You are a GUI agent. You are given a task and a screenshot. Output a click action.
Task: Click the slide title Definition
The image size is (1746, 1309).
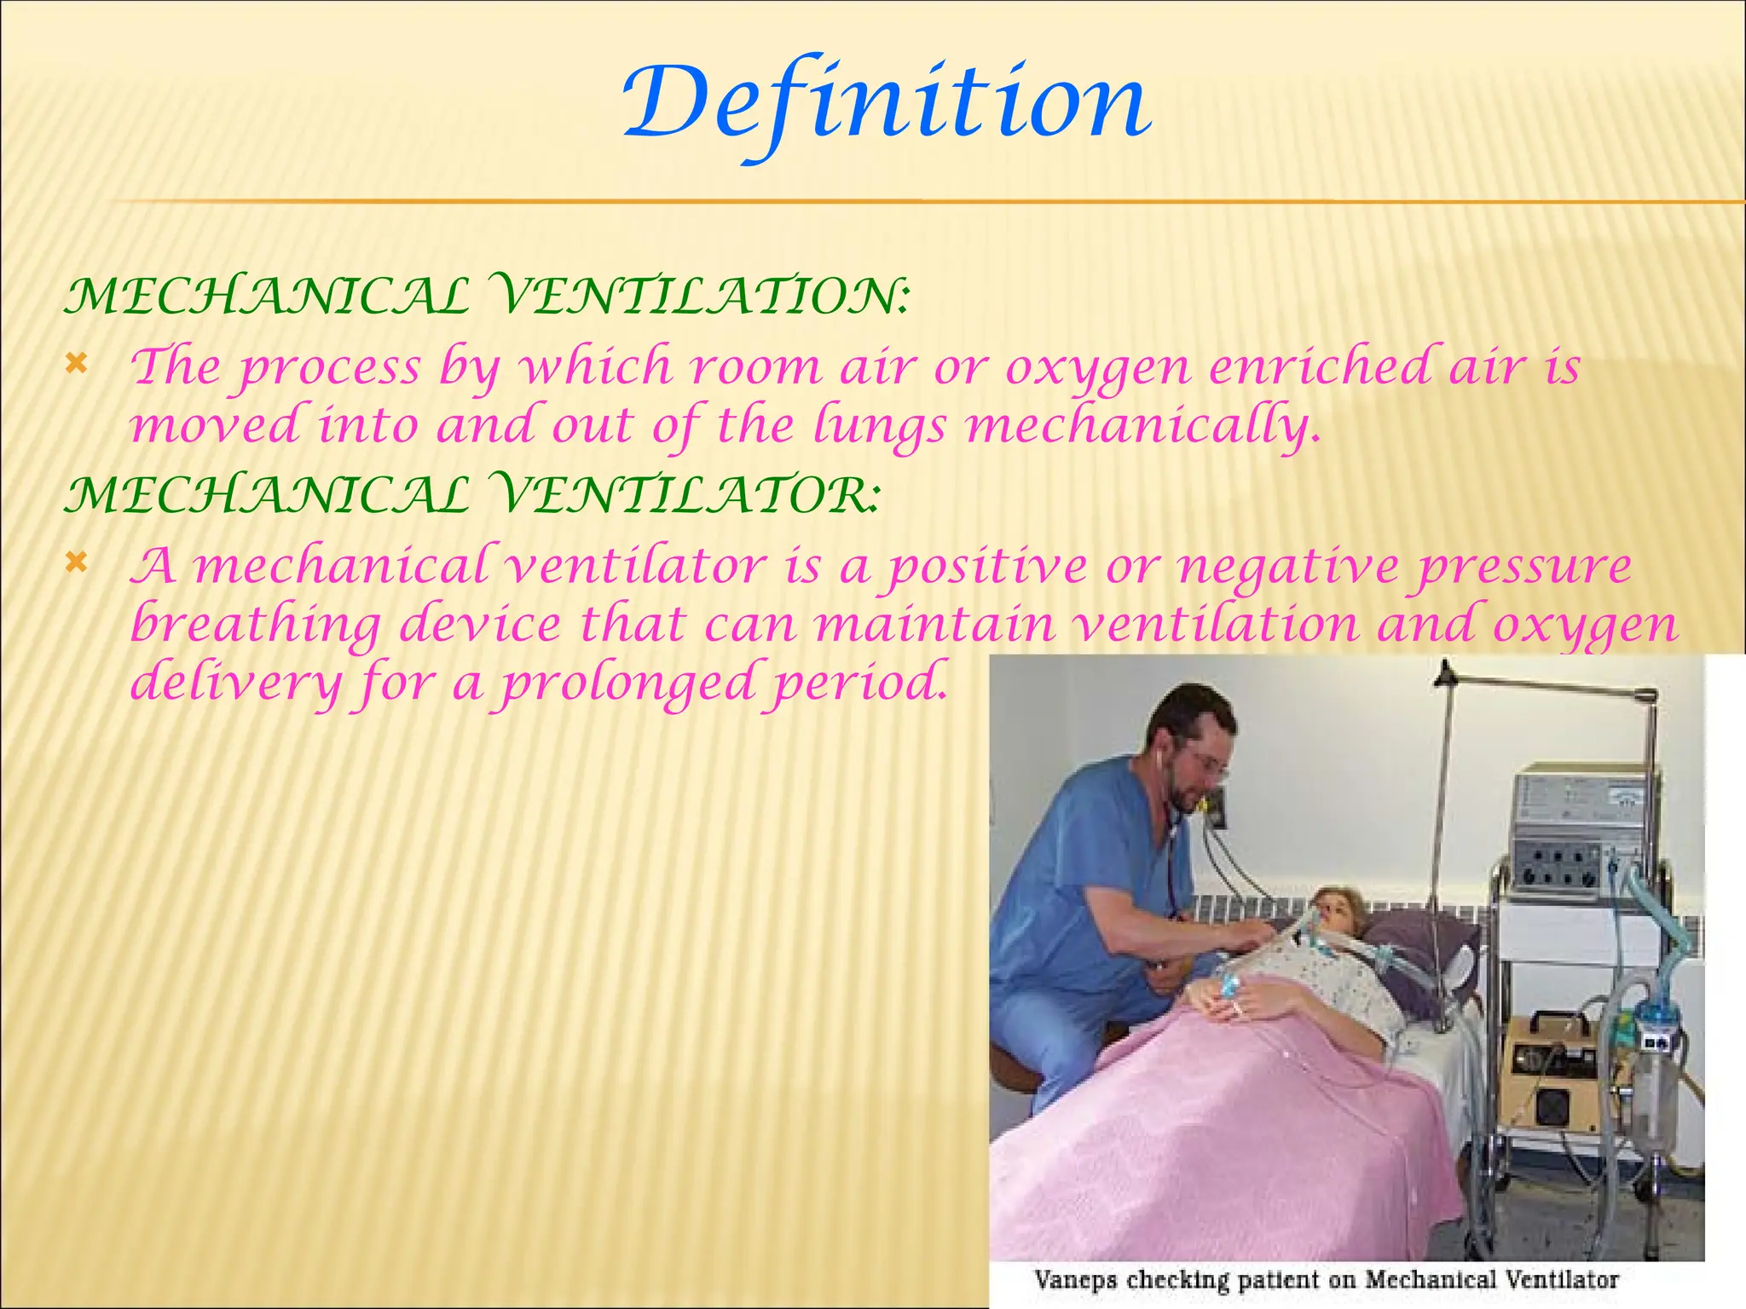(887, 104)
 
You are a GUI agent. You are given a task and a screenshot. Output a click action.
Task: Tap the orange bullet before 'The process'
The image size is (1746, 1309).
(76, 366)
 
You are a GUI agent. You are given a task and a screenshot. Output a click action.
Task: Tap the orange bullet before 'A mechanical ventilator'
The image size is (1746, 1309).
(76, 563)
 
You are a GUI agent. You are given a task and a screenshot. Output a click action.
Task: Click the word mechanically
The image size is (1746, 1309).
(1142, 425)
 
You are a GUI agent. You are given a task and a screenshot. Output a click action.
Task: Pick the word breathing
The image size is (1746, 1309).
(256, 626)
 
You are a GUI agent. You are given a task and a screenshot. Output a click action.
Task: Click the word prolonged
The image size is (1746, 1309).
(627, 683)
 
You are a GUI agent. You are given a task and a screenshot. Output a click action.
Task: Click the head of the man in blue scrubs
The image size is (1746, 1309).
(1189, 750)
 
